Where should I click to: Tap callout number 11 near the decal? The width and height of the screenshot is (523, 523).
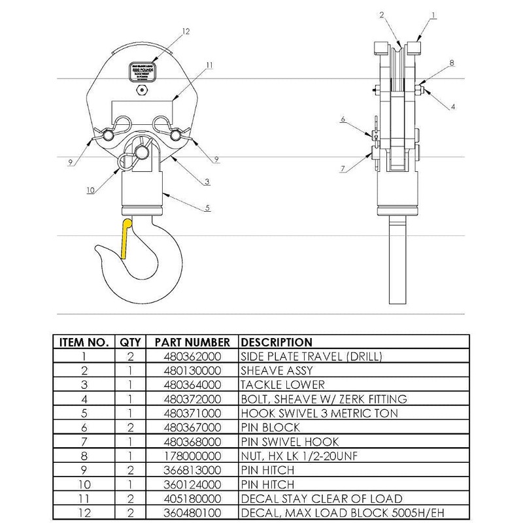click(x=209, y=65)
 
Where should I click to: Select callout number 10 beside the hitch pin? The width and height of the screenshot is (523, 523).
click(x=91, y=190)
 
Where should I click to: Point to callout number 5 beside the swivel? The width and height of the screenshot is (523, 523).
click(x=209, y=209)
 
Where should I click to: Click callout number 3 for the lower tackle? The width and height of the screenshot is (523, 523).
click(x=207, y=181)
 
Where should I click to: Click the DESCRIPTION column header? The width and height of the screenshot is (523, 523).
click(x=277, y=342)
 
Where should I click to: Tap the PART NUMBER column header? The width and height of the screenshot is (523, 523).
click(x=192, y=342)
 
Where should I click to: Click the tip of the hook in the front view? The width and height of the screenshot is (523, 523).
click(x=97, y=247)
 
